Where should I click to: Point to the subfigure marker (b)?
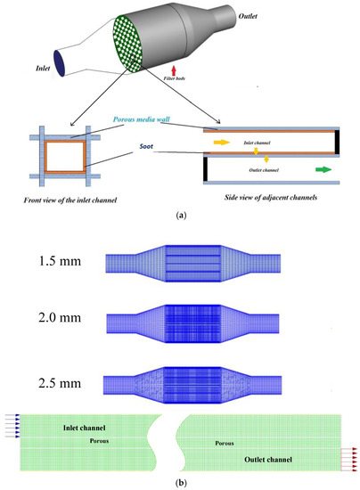pos(181,483)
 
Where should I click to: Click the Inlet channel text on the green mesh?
pos(75,429)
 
